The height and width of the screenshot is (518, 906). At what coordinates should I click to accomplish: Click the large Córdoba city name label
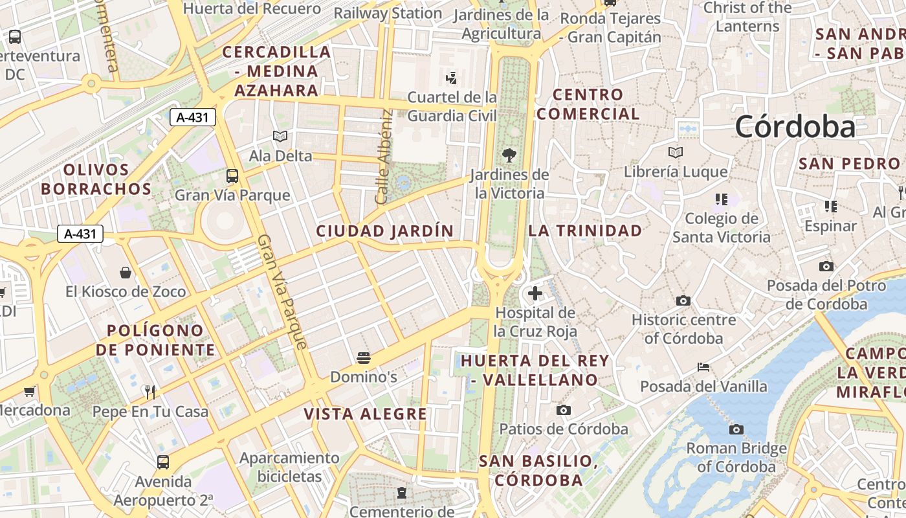(795, 126)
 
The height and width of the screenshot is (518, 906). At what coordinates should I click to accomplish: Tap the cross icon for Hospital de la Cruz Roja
(535, 293)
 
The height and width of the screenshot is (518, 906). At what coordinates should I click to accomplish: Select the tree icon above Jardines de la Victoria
(509, 155)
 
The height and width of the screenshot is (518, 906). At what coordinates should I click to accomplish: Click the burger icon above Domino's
(364, 357)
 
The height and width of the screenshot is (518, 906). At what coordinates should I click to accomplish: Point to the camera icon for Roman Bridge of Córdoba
(736, 429)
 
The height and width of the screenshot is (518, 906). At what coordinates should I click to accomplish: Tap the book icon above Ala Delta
(280, 136)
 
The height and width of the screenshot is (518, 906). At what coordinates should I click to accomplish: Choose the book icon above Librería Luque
(676, 153)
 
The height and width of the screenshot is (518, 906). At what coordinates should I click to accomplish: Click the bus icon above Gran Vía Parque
(232, 175)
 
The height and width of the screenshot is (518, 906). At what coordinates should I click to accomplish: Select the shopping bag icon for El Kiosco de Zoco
(126, 273)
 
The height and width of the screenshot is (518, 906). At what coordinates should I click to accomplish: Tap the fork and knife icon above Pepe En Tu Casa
(150, 392)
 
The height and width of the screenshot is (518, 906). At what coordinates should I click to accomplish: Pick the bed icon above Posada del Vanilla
(703, 367)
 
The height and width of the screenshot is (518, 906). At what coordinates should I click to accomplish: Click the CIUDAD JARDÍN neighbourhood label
(385, 231)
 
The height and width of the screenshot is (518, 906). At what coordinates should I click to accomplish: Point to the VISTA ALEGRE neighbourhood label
(366, 414)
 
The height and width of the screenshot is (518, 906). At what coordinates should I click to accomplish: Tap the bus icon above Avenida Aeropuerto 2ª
(163, 462)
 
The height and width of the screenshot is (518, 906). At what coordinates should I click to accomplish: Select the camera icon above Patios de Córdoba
(564, 410)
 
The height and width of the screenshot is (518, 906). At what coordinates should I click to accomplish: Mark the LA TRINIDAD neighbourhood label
(586, 231)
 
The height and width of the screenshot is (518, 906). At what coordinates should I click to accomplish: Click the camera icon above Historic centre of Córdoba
(683, 300)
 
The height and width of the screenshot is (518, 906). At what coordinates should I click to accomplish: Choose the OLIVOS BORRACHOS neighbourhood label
(107, 179)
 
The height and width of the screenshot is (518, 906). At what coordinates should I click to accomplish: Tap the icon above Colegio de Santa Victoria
(721, 199)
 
